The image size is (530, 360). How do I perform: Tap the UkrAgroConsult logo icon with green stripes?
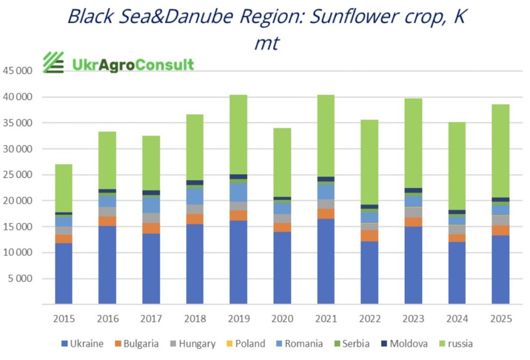pos(53,63)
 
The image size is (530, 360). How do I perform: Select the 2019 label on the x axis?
pos(239,319)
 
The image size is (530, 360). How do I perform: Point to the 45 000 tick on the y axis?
pos(17,71)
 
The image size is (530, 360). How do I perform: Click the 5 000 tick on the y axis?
pos(20,279)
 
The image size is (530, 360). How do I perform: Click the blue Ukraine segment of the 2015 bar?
pos(64,273)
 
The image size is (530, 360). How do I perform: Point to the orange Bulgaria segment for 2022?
pos(370,235)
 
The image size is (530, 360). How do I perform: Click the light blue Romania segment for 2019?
pos(239,192)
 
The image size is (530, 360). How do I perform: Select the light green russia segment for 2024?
pos(457,166)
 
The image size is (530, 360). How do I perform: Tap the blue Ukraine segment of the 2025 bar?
pos(500,269)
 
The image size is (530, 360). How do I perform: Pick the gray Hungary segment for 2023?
pos(413,212)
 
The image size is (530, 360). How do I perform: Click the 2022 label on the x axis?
pos(370,319)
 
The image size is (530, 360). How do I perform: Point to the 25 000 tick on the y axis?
pos(17,175)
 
